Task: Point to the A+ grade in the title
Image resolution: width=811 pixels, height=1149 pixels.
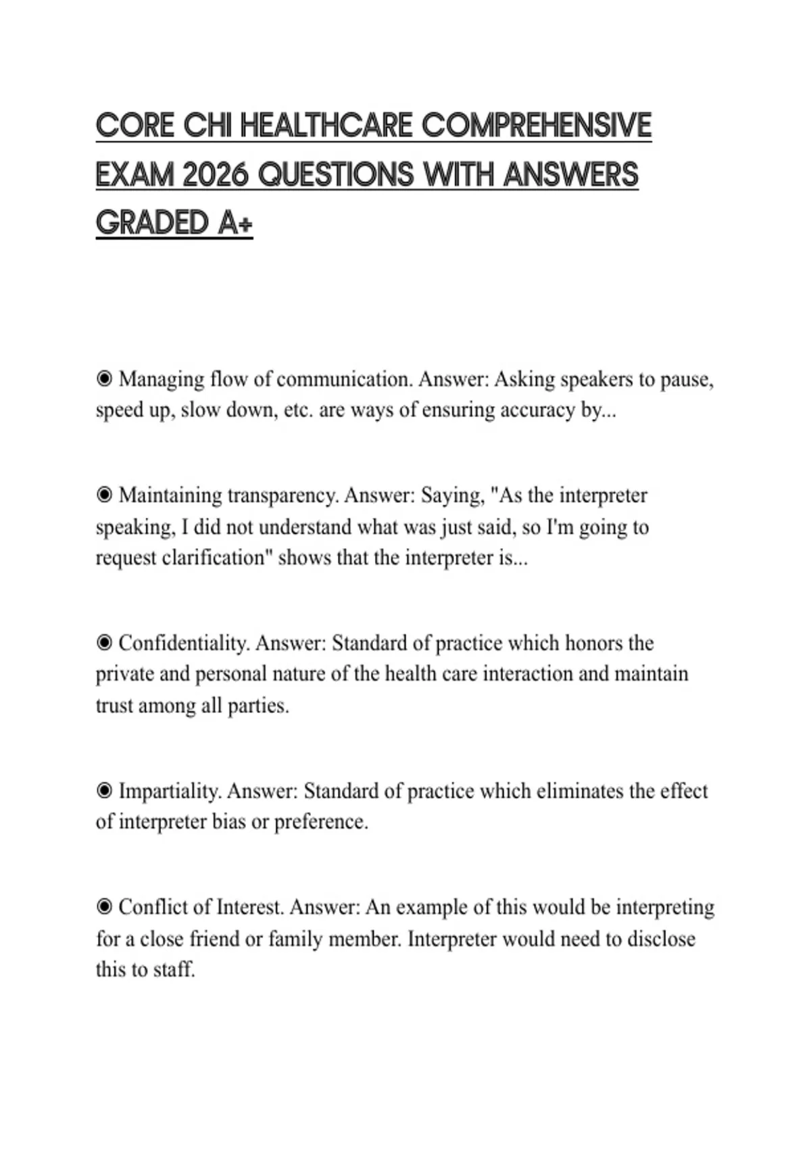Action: pos(235,224)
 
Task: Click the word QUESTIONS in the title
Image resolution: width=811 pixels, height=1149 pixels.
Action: pos(336,175)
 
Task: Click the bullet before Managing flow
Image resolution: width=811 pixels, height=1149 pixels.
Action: pos(104,379)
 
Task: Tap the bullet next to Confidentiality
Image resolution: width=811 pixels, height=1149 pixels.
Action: pos(104,643)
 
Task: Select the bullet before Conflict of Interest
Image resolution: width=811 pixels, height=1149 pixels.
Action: pos(104,907)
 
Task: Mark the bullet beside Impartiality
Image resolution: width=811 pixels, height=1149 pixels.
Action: pos(104,791)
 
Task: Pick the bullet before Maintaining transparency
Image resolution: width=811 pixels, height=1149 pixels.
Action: pos(104,495)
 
